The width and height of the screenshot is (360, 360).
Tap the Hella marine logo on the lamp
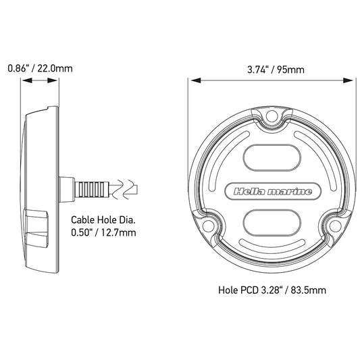pyautogui.click(x=272, y=192)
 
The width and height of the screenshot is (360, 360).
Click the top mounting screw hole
pyautogui.click(x=272, y=119)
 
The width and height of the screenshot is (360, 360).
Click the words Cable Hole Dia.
pyautogui.click(x=104, y=220)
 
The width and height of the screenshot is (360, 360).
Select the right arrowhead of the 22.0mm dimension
pyautogui.click(x=58, y=81)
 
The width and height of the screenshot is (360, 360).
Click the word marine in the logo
pyautogui.click(x=294, y=192)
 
